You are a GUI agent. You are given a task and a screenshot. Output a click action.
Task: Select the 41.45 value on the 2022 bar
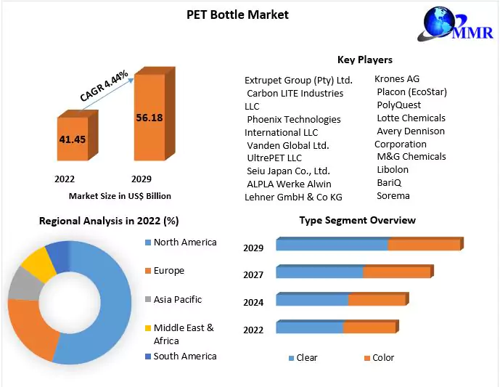pyautogui.click(x=73, y=138)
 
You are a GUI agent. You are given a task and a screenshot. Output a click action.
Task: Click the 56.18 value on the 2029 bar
pyautogui.click(x=149, y=117)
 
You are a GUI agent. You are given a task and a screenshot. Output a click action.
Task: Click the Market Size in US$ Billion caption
pyautogui.click(x=120, y=196)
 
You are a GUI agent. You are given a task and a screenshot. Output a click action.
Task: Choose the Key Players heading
pyautogui.click(x=365, y=60)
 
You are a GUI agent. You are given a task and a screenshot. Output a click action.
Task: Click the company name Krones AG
pyautogui.click(x=397, y=78)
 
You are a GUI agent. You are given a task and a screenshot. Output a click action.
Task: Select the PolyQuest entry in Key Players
pyautogui.click(x=399, y=105)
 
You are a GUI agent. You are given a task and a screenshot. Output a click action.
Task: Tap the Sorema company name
pyautogui.click(x=393, y=195)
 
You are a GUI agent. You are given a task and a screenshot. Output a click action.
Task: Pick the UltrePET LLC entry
pyautogui.click(x=274, y=158)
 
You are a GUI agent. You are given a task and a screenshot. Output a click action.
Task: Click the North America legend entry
pyautogui.click(x=184, y=243)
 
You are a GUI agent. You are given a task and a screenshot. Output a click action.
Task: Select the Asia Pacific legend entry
pyautogui.click(x=177, y=299)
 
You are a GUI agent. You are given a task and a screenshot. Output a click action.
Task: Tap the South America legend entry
pyautogui.click(x=184, y=356)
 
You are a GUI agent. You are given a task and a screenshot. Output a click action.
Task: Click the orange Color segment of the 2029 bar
pyautogui.click(x=424, y=245)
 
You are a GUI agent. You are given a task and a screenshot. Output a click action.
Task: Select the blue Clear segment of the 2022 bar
pyautogui.click(x=309, y=327)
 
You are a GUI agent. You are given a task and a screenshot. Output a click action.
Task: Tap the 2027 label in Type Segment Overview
pyautogui.click(x=253, y=274)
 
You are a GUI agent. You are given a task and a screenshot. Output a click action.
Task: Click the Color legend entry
pyautogui.click(x=383, y=358)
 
